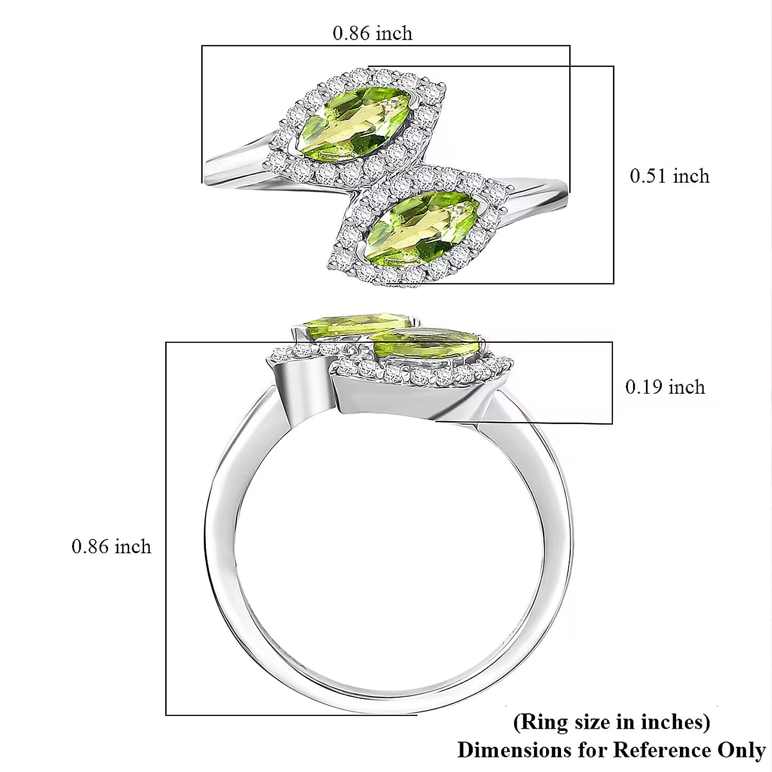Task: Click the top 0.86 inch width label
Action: pyautogui.click(x=373, y=33)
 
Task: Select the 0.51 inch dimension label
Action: pyautogui.click(x=670, y=176)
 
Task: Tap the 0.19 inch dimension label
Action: pyautogui.click(x=665, y=387)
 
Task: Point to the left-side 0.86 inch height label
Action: pyautogui.click(x=112, y=546)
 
